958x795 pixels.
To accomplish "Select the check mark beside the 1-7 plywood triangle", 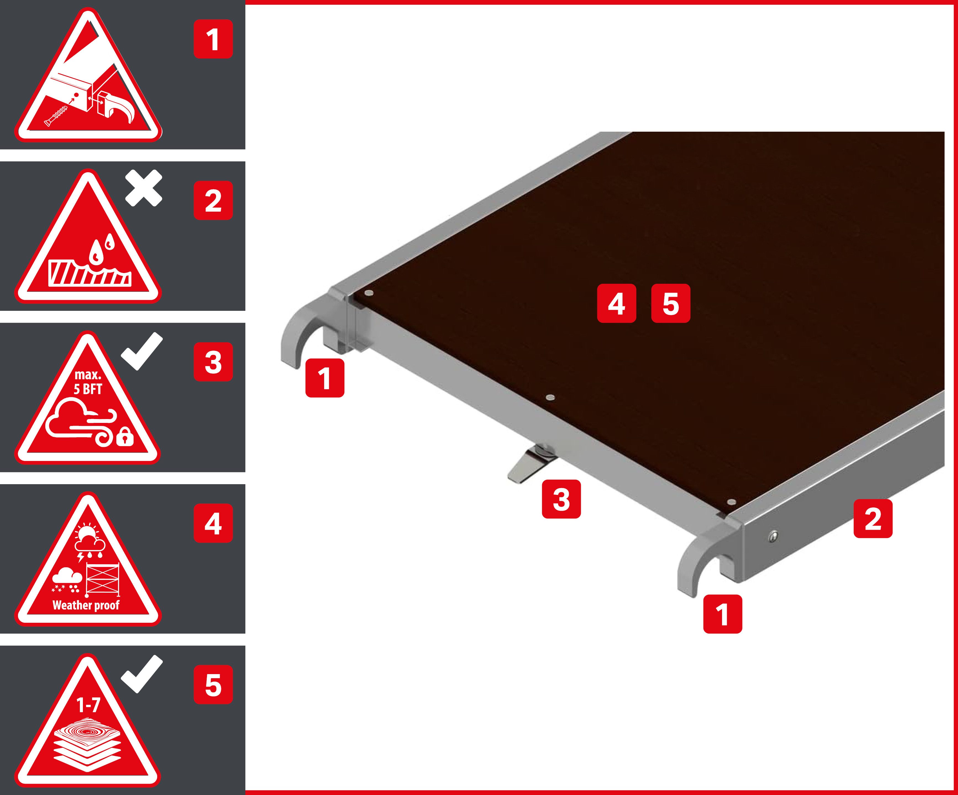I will (x=142, y=674).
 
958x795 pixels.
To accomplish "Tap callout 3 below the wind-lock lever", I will (x=561, y=499).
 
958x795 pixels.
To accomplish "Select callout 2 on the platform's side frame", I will (x=873, y=519).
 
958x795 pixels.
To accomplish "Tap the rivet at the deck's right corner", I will (x=731, y=502).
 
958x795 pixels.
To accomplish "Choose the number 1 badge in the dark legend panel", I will (x=213, y=39).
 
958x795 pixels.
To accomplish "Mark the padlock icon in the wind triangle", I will (x=125, y=438).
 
